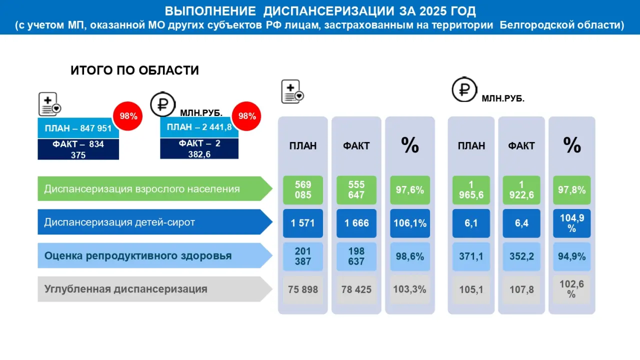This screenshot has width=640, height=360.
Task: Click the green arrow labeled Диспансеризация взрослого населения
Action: [x=155, y=188]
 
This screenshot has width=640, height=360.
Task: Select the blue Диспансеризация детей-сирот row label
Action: [x=155, y=222]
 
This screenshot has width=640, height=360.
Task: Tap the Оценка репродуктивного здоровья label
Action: [x=155, y=255]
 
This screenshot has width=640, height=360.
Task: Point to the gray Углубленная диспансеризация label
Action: [x=155, y=289]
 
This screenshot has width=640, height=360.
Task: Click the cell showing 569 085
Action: [x=303, y=190]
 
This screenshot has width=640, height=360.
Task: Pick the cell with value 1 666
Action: [x=356, y=223]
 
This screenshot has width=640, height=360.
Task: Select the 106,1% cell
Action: [x=410, y=223]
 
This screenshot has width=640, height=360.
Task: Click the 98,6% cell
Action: [x=410, y=256]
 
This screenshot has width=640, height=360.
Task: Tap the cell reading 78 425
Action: [x=356, y=289]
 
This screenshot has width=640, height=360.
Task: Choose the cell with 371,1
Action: [x=471, y=256]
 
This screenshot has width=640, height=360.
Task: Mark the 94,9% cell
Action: [x=571, y=256]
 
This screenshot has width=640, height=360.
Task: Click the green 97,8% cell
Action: [x=571, y=190]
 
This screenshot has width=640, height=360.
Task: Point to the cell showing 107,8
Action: [x=521, y=289]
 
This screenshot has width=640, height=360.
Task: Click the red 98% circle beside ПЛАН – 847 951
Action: [x=127, y=116]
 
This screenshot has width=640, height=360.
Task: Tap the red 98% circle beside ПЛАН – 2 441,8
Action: [x=246, y=116]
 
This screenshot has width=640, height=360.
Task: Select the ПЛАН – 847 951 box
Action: [x=78, y=128]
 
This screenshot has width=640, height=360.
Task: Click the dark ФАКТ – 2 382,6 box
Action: [x=199, y=148]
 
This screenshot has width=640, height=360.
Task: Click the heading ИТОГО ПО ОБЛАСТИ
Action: [x=134, y=70]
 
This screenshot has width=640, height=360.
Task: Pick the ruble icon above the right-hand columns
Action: [x=464, y=89]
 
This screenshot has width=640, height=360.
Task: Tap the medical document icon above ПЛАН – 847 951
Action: [x=49, y=104]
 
